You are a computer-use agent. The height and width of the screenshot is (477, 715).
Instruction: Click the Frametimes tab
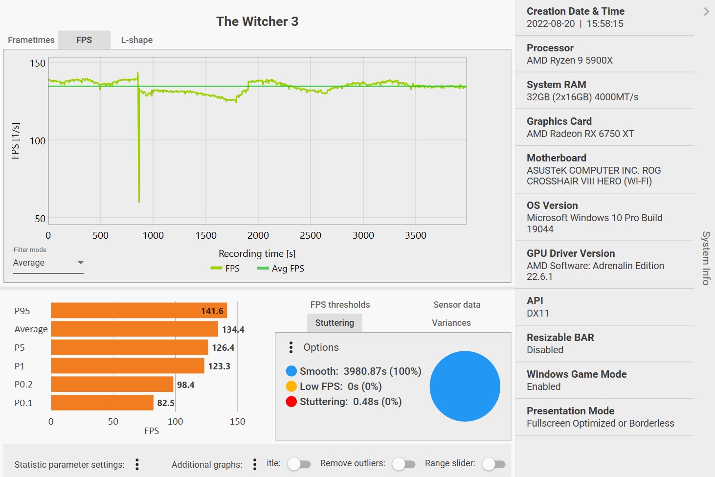coord(31,40)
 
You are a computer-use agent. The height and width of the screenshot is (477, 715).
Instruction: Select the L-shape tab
coord(137,40)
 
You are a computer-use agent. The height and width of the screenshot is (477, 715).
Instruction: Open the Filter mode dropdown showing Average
coord(48,263)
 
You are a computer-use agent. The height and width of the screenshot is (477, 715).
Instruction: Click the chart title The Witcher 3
coord(257,22)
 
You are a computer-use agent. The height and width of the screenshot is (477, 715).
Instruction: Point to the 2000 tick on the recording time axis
coord(258,235)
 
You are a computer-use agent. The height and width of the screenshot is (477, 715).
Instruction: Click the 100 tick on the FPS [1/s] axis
coord(38,141)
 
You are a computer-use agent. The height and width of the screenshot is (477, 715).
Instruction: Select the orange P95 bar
coord(139,311)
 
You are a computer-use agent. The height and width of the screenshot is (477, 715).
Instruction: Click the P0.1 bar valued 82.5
coord(102,403)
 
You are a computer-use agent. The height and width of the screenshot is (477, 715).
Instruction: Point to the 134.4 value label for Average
coord(233,330)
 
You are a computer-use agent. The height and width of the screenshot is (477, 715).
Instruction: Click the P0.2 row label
coord(23,385)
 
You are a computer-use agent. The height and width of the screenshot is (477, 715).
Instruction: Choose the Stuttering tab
coord(335,323)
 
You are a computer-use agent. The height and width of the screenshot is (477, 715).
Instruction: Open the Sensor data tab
coord(457,305)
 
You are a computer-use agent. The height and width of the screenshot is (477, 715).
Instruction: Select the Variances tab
coord(451,323)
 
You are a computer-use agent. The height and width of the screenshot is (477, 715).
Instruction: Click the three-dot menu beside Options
coord(291,347)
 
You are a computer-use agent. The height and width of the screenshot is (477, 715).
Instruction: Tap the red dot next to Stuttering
coord(291,402)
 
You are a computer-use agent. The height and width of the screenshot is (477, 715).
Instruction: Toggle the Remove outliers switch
coord(403,464)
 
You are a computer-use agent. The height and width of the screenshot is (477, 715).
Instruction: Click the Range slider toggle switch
coord(493,464)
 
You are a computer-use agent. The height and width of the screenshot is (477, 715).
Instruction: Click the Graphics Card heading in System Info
coord(559,121)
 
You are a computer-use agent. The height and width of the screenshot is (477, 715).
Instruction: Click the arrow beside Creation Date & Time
coord(706,12)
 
